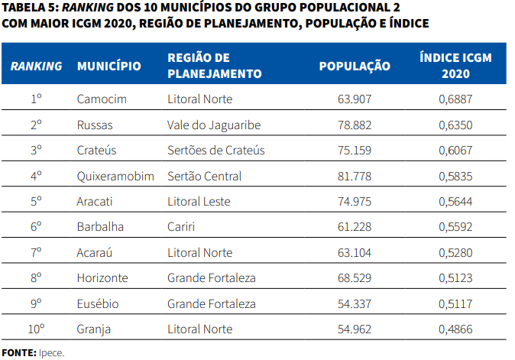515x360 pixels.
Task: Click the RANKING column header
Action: click(36, 66)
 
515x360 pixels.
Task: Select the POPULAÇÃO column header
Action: click(354, 66)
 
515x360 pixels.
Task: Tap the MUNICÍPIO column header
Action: click(109, 66)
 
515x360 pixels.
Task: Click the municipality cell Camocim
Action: click(102, 99)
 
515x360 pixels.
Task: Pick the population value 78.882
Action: click(354, 125)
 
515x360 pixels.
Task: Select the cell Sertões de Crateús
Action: click(215, 151)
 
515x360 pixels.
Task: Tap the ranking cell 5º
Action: click(36, 202)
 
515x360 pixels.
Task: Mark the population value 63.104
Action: click(354, 253)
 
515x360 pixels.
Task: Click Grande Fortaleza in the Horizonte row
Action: click(211, 278)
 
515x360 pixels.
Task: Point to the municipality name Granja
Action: click(94, 329)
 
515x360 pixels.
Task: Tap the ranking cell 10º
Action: click(36, 329)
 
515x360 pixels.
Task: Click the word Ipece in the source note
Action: click(52, 352)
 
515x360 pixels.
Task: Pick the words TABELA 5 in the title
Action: click(28, 8)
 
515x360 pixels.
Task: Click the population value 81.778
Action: click(354, 176)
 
